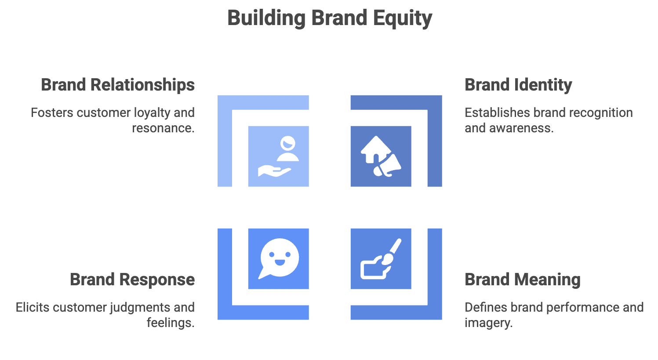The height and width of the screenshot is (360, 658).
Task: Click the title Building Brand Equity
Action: pos(329,18)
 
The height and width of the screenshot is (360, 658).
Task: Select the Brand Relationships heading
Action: pos(118,85)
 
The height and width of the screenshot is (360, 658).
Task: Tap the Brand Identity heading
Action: pos(518,85)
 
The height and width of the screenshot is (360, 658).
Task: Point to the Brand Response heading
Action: pos(132,280)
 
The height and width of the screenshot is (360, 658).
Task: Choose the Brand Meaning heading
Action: pos(523,280)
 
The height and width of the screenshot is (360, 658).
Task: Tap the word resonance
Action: pos(163,128)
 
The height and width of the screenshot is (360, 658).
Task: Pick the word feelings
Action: pos(170,323)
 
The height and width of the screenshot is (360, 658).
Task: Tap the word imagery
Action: pos(488,323)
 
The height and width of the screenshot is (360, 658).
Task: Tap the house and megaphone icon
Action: pos(381,156)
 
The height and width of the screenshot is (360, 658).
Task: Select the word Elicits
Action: pos(33,307)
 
